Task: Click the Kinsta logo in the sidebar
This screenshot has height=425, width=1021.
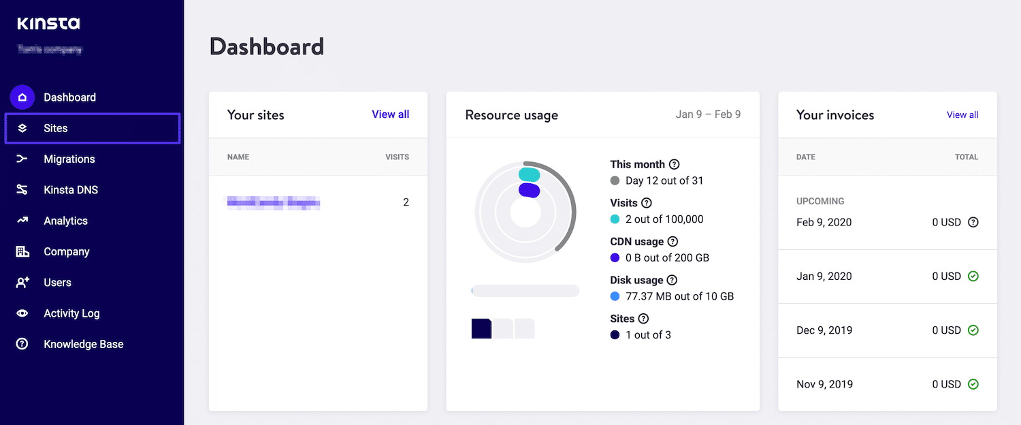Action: [48, 24]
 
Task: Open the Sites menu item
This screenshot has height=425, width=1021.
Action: [56, 128]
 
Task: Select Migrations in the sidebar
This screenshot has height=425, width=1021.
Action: [69, 159]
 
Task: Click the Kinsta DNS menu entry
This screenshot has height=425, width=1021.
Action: [71, 190]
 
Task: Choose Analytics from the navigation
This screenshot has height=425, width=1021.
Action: [65, 221]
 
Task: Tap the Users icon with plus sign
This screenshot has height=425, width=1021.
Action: [22, 283]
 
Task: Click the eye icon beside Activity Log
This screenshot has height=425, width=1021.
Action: [22, 313]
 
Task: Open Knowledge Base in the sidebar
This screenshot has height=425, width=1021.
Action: [83, 344]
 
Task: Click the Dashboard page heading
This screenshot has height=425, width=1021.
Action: [267, 46]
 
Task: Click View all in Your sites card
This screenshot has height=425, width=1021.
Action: [390, 114]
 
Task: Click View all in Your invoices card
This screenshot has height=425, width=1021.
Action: [962, 114]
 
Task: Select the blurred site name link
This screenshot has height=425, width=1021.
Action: [274, 202]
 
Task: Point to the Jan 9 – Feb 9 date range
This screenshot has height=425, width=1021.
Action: [708, 114]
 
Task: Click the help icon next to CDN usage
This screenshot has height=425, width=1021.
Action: [672, 242]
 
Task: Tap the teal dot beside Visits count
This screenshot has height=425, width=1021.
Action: [615, 219]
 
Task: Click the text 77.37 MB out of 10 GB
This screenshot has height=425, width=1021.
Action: [679, 296]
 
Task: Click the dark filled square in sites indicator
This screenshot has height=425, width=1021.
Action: [481, 328]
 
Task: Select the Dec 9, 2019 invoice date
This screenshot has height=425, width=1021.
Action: [824, 330]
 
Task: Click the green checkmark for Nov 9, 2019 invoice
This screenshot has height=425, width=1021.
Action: [973, 384]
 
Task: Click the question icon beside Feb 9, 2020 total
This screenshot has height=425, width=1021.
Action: [973, 222]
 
